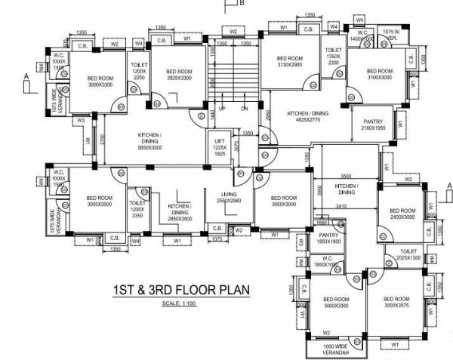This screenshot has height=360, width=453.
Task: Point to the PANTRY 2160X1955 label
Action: coord(374,125)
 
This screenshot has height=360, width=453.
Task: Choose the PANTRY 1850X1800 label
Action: coord(328,238)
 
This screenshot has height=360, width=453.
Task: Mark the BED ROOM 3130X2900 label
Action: coord(290,62)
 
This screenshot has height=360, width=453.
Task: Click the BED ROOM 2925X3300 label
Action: coord(178,74)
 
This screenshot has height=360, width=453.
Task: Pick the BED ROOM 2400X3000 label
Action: coord(403,214)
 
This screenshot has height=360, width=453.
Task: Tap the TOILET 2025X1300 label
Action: coord(409,254)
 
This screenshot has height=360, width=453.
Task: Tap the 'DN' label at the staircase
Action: coord(244,108)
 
